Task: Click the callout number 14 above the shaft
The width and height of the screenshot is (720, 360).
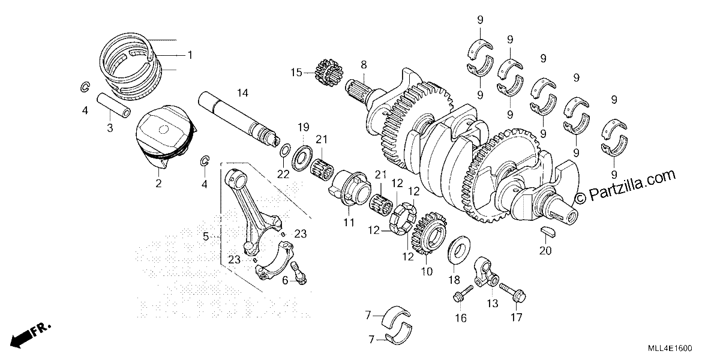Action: tap(242, 93)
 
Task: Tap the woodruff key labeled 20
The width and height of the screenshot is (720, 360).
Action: tap(547, 232)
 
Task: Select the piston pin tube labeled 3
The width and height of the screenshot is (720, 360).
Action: tap(114, 105)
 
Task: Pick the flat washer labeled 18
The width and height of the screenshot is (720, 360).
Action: tap(458, 250)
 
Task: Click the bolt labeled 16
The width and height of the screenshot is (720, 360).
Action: tap(463, 294)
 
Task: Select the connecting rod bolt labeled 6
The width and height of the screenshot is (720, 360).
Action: tap(299, 272)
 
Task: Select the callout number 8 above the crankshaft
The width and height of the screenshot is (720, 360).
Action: tap(364, 65)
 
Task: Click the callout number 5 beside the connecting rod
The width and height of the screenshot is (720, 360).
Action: tap(206, 237)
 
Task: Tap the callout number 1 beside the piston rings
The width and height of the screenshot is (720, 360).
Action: tap(190, 55)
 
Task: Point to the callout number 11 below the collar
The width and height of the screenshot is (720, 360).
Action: tap(349, 223)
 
